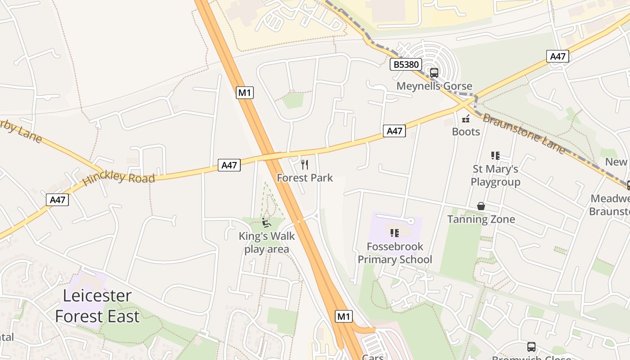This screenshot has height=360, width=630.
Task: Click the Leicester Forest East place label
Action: pos(97,306)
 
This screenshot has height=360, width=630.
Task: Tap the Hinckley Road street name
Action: pos(119,178)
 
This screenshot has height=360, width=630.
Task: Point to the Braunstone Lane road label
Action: pos(524,133)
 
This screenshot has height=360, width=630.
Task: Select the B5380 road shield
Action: pos(406,65)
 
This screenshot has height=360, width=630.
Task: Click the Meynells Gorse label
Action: pos(434,86)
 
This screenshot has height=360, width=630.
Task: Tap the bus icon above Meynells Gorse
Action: pos(434,72)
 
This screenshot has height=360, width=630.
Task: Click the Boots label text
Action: pos(466,132)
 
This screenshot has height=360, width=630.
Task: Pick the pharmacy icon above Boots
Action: pos(466,119)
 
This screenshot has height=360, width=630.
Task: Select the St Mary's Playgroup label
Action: pos(495,175)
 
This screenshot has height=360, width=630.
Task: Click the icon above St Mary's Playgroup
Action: pos(495,156)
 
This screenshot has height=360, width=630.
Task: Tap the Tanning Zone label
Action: pos(481,220)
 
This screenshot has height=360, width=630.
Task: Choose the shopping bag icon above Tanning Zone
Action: pos(481,206)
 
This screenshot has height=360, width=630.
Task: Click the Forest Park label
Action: pos(305,178)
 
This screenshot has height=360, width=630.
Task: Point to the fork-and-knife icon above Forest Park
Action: pos(305,165)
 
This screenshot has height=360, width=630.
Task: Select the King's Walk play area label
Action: pos(267,243)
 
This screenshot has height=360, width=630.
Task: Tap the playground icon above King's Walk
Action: pos(266,222)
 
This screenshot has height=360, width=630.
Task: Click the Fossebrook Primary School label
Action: pos(395,253)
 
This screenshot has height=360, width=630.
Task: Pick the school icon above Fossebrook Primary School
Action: pos(395,233)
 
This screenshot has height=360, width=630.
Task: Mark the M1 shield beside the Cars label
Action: pos(344,316)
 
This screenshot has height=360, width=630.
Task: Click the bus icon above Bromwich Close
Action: pos(531,347)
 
